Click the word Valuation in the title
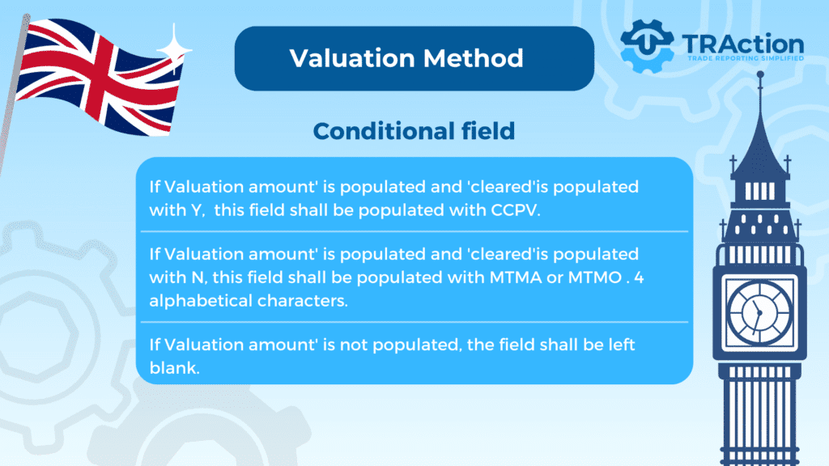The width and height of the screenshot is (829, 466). click(x=353, y=58)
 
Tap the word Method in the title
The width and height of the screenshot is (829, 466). click(x=473, y=58)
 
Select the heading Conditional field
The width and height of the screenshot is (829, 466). click(x=414, y=131)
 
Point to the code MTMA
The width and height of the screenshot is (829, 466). click(x=516, y=277)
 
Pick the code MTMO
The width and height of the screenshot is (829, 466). click(x=595, y=277)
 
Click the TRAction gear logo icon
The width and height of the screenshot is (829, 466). click(x=647, y=46)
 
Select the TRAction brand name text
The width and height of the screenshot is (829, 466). click(x=743, y=44)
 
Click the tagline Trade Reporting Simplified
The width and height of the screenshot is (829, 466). click(x=746, y=58)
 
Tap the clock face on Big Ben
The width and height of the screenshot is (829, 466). click(x=759, y=313)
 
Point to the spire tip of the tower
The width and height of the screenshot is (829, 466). click(x=760, y=74)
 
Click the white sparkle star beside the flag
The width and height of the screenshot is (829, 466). click(x=174, y=49)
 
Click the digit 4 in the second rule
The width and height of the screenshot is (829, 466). click(x=639, y=277)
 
